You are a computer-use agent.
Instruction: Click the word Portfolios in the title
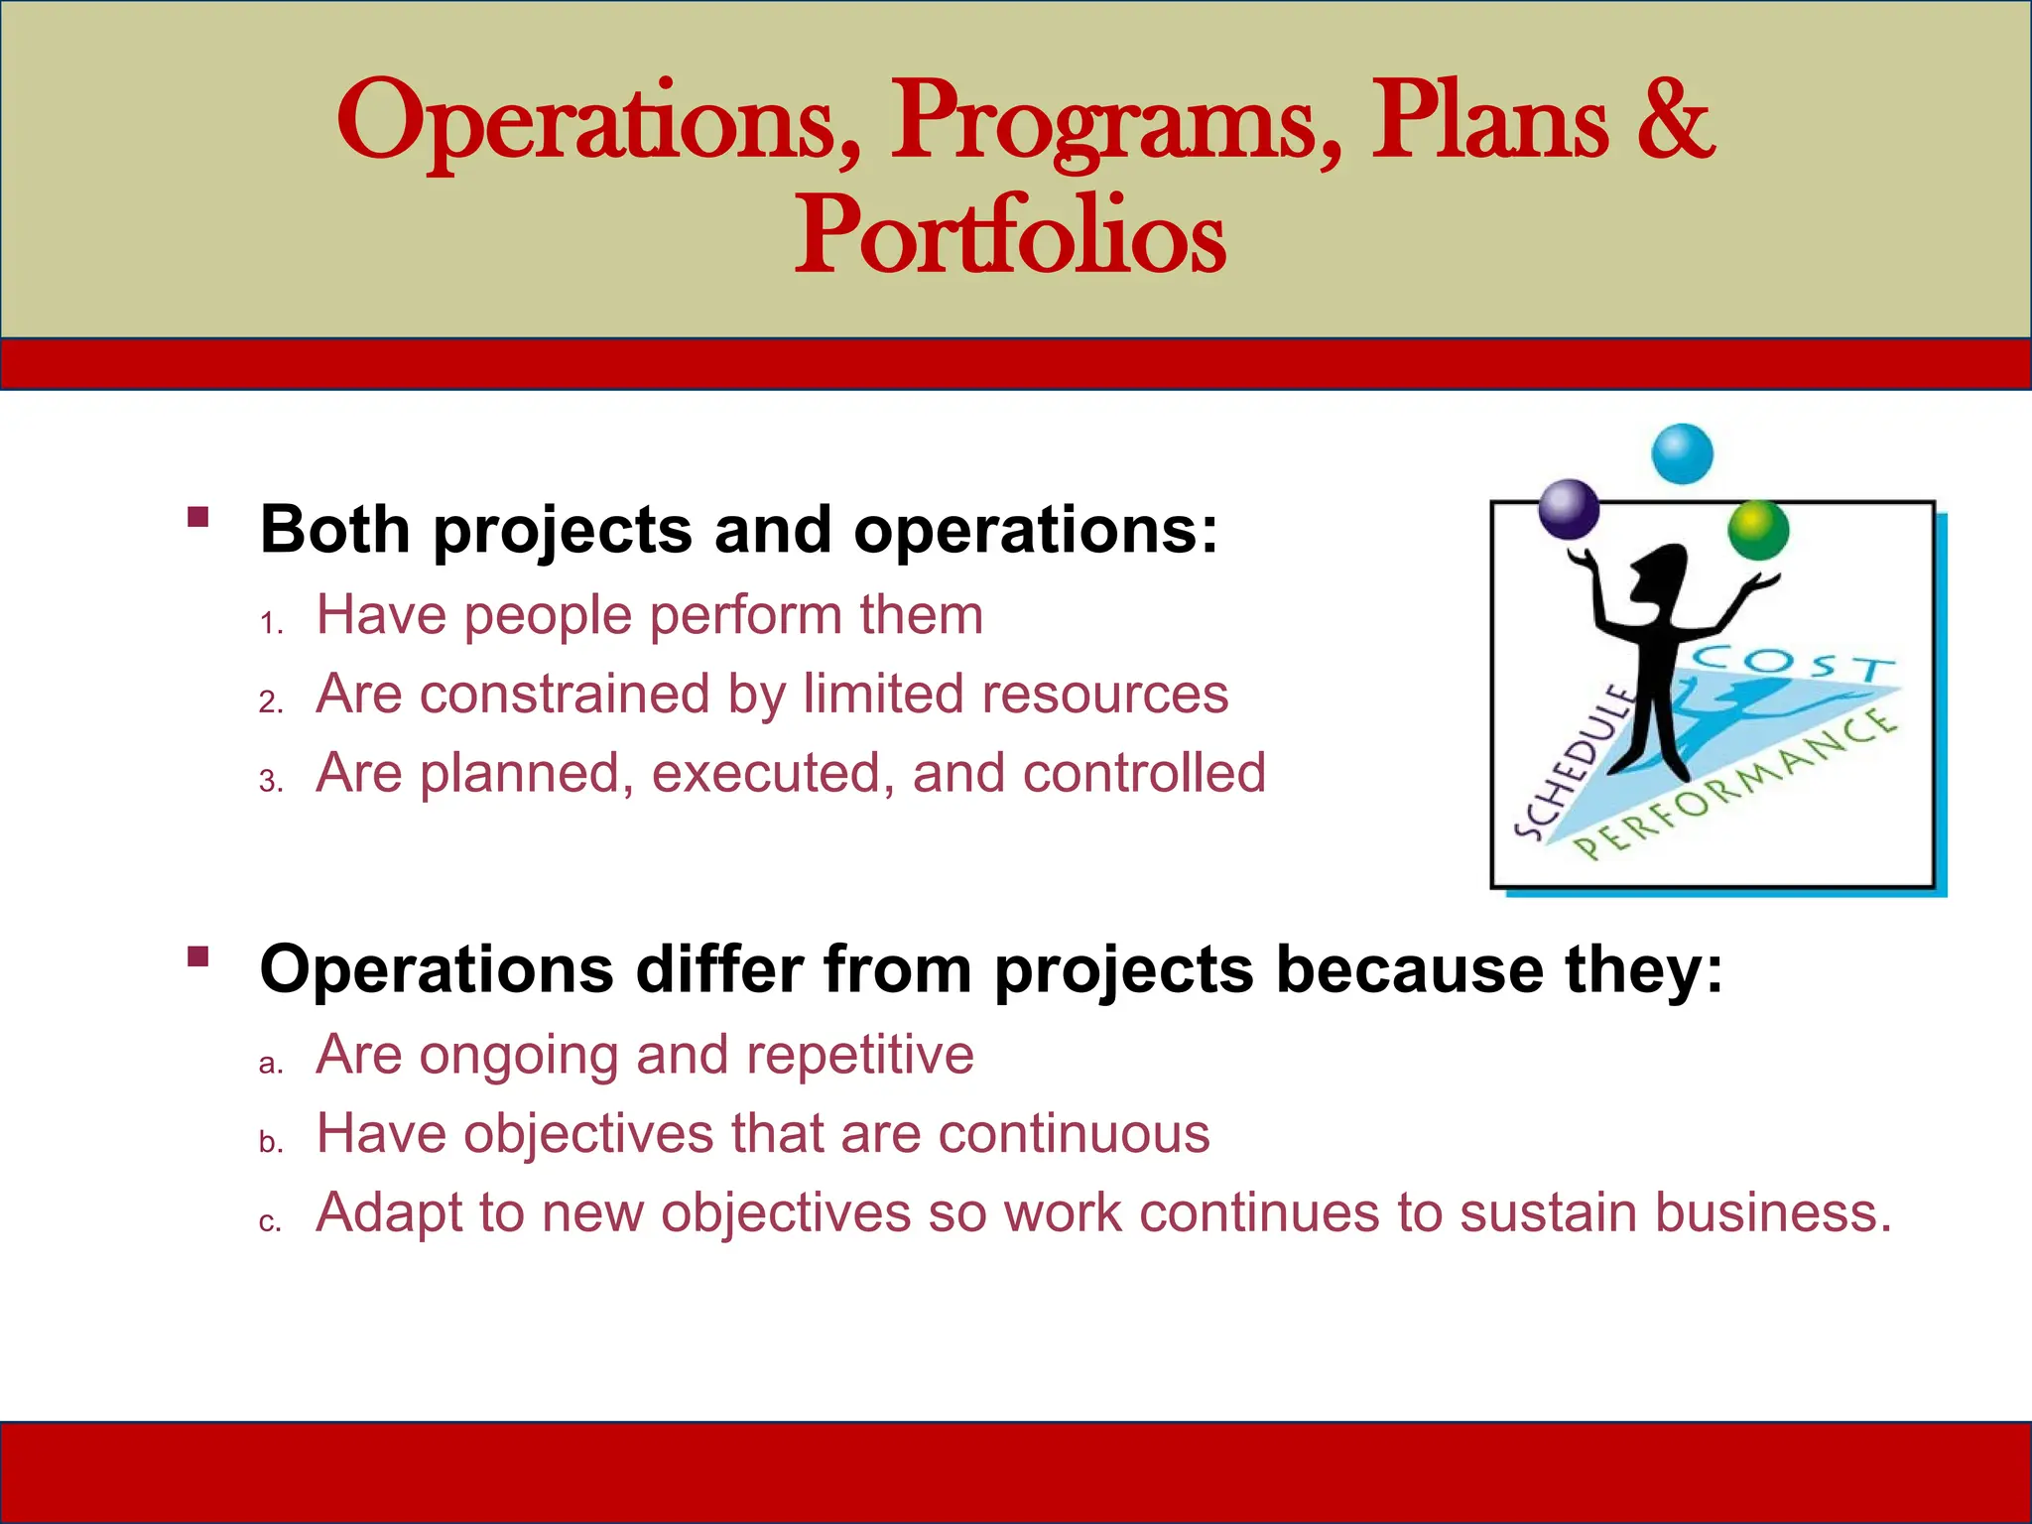[1010, 236]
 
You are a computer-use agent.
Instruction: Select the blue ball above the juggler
[1682, 453]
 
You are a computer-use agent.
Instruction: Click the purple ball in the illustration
[1569, 509]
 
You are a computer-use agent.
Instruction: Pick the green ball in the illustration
[1757, 530]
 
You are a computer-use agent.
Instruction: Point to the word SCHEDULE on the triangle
[1573, 762]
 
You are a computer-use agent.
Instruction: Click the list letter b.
[270, 1143]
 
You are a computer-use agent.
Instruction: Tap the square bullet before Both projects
[198, 517]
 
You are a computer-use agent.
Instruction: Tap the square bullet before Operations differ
[198, 956]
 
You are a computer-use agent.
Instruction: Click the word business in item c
[1773, 1212]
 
